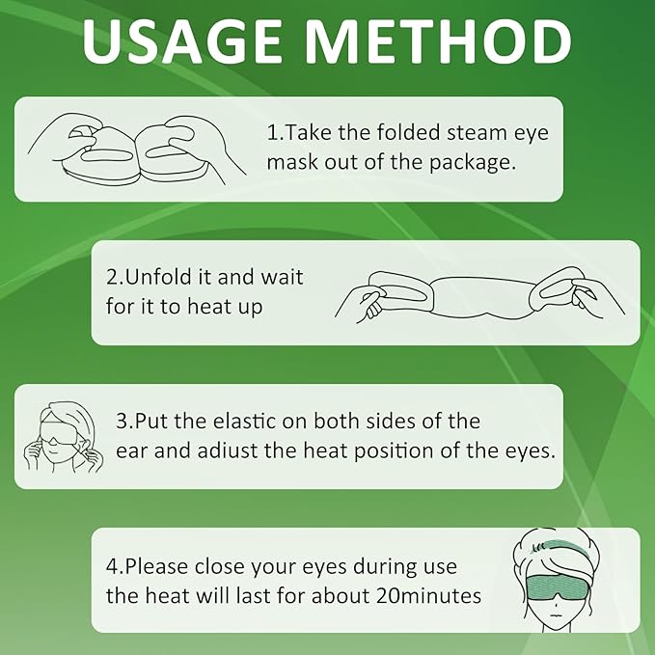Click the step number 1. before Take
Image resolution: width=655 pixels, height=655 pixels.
click(x=274, y=132)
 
